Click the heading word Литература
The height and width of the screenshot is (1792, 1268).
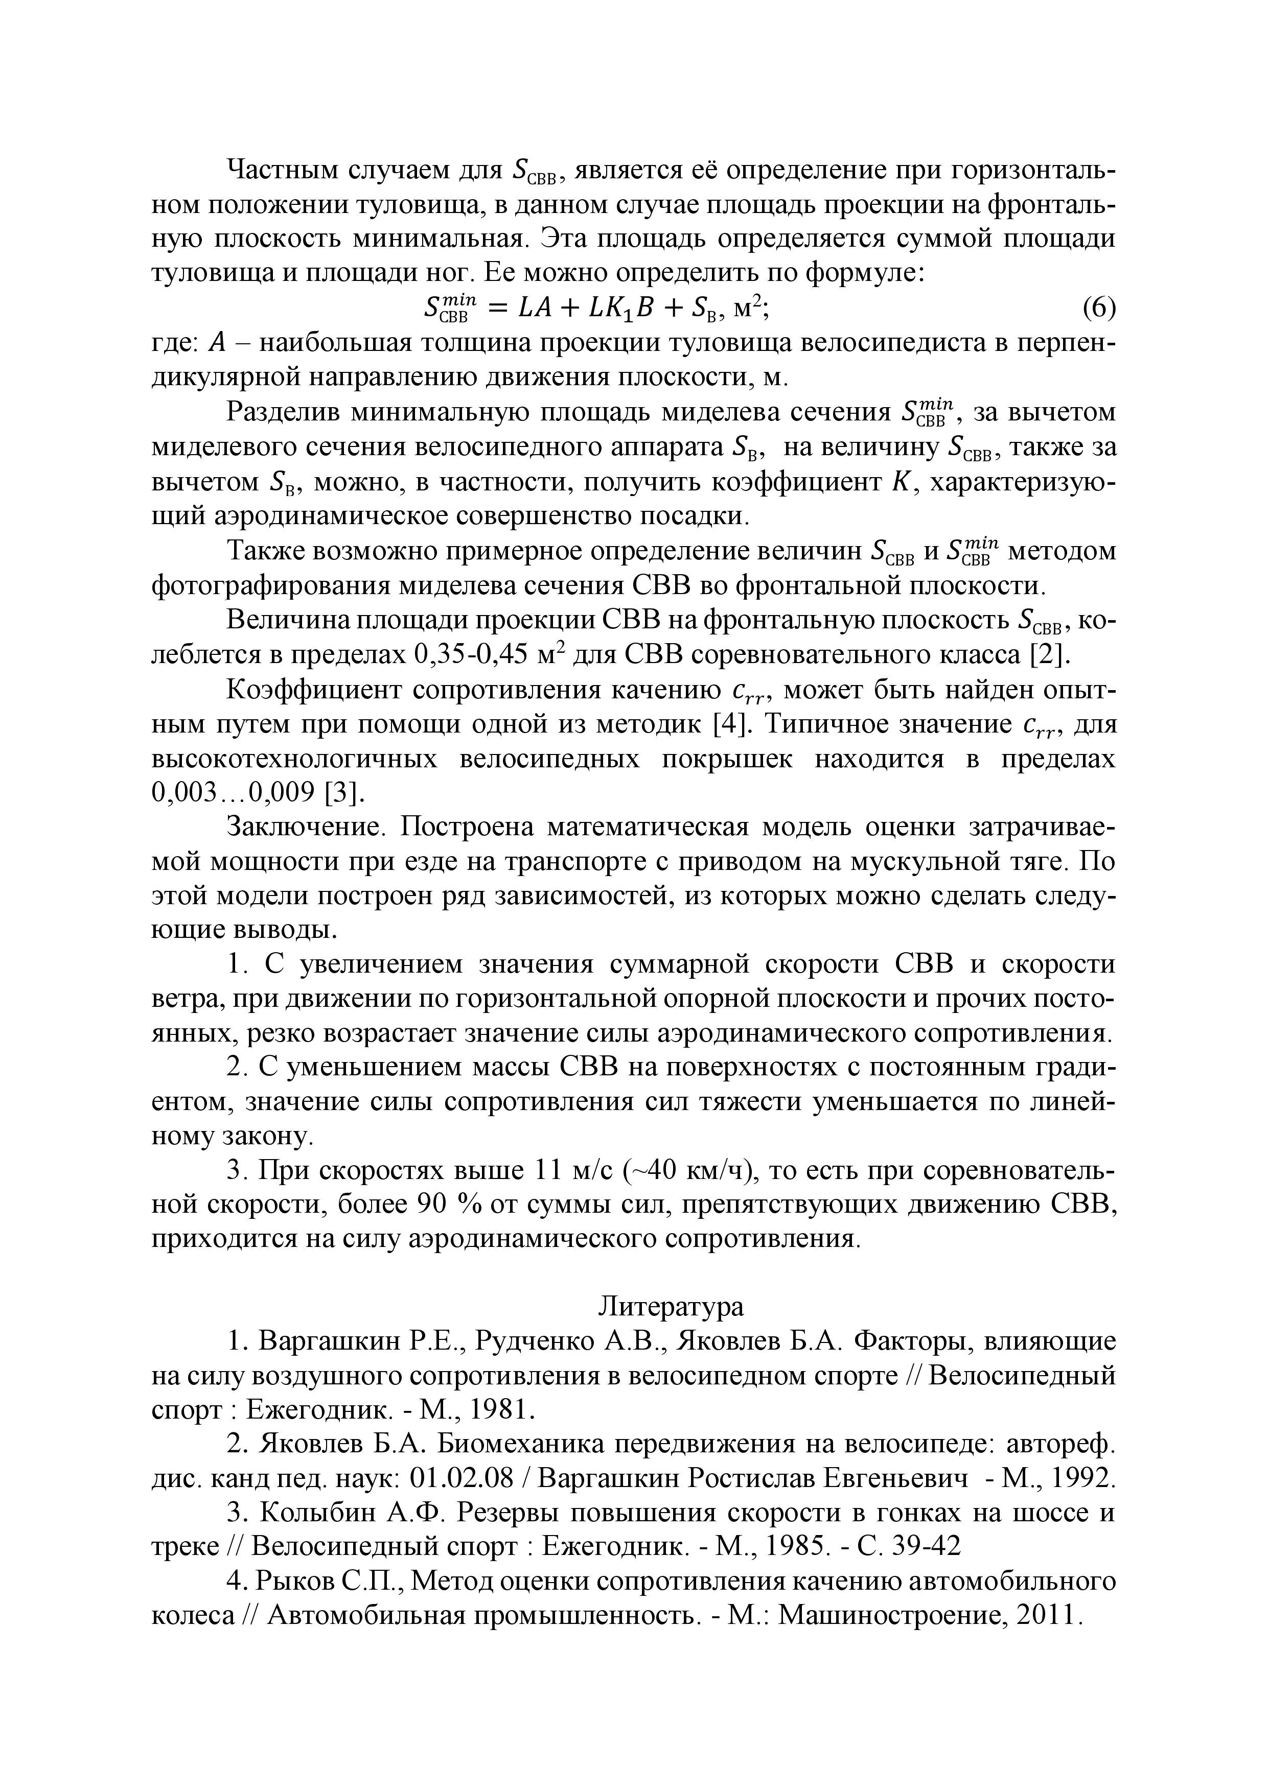[x=672, y=1307]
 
